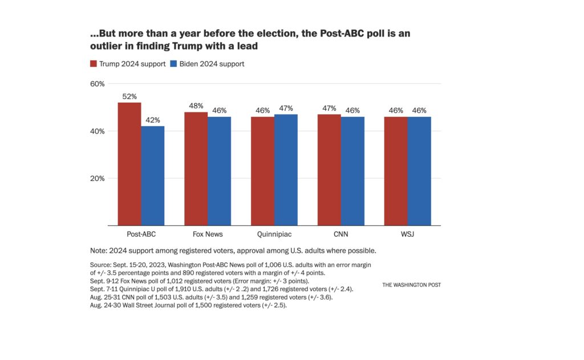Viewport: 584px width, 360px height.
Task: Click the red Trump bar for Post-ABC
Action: (x=129, y=164)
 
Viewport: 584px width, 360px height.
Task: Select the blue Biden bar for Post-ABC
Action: (x=153, y=176)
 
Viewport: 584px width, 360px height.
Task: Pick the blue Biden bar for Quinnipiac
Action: (x=286, y=169)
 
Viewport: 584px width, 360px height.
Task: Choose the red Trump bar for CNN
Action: (x=329, y=169)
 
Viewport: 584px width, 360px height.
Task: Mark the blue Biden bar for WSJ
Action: (x=419, y=171)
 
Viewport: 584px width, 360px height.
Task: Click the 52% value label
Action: (x=129, y=97)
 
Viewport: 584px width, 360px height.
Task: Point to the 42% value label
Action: (x=153, y=120)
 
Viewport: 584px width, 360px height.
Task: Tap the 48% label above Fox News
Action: (x=196, y=107)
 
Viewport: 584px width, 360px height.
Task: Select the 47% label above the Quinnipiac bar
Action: (x=286, y=109)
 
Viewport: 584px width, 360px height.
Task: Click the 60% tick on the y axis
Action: (x=98, y=84)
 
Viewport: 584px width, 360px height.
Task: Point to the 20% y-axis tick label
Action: (x=98, y=178)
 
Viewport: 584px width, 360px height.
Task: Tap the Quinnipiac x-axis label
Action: (x=274, y=234)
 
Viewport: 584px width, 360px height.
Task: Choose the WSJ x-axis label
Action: (x=407, y=234)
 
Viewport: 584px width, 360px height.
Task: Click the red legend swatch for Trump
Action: (x=94, y=64)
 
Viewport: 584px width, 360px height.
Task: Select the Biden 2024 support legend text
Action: (x=212, y=64)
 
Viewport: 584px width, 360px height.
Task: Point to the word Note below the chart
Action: (x=98, y=251)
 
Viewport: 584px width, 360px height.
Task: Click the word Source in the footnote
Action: (x=101, y=265)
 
